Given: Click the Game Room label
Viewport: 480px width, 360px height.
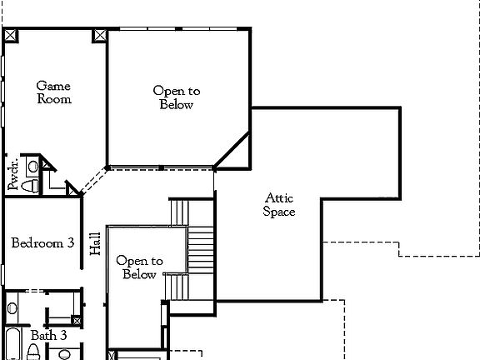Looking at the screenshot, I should (x=54, y=92).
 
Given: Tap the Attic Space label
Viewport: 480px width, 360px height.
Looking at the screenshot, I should (x=280, y=205).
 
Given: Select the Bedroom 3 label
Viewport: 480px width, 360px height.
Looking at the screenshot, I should (x=42, y=243).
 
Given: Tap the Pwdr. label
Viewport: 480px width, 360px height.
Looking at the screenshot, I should (x=13, y=175).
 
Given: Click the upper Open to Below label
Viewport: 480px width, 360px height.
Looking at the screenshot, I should (x=177, y=98).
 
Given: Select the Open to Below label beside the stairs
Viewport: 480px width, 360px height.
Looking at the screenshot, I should (x=139, y=267).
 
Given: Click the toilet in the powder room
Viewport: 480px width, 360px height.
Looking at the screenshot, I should (x=30, y=184).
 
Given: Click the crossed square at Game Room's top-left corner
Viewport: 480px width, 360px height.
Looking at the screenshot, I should (x=11, y=36).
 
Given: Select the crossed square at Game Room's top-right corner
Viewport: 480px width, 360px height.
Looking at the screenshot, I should (x=100, y=36).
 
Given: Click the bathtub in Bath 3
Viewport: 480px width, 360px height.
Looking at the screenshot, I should (x=12, y=347).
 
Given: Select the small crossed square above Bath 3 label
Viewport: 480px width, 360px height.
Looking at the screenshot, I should (x=77, y=320).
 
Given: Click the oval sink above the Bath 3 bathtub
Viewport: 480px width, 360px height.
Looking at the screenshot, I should (x=12, y=308).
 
